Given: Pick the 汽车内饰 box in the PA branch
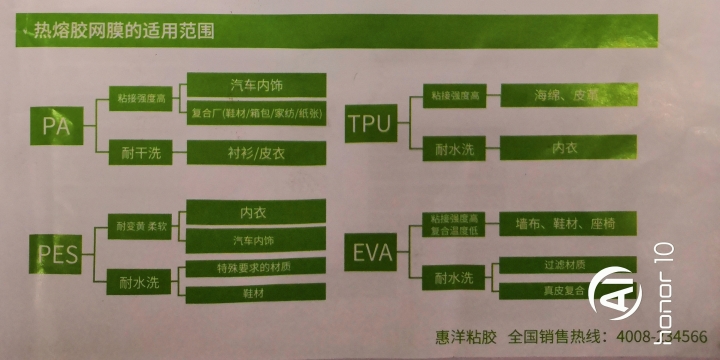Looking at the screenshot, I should [256, 85].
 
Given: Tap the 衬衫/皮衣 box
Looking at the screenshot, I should [256, 154].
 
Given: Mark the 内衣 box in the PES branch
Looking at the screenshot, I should [256, 212].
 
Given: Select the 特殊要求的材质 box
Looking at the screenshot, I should [256, 268].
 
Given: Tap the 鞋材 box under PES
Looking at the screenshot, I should [256, 294].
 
